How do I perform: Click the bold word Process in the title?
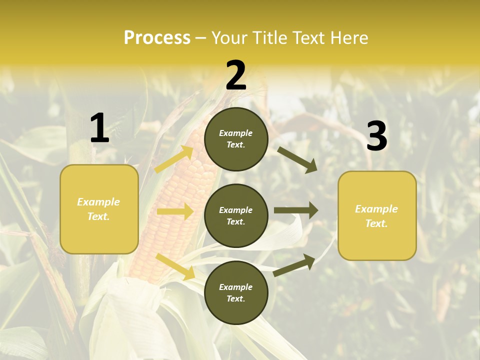(x=157, y=37)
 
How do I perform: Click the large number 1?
(x=99, y=128)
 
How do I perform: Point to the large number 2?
(x=236, y=75)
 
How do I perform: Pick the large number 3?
(x=376, y=137)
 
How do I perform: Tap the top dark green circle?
(x=236, y=139)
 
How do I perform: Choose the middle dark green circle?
(x=236, y=215)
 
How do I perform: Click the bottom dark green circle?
(x=236, y=292)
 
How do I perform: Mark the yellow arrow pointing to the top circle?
(x=174, y=159)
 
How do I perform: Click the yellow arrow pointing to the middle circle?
(x=175, y=211)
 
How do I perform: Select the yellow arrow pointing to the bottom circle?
(x=175, y=266)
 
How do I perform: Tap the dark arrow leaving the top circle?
(x=297, y=159)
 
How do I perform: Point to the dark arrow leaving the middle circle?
(x=296, y=210)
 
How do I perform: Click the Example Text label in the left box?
(x=98, y=209)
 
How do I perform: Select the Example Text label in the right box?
(x=376, y=216)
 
